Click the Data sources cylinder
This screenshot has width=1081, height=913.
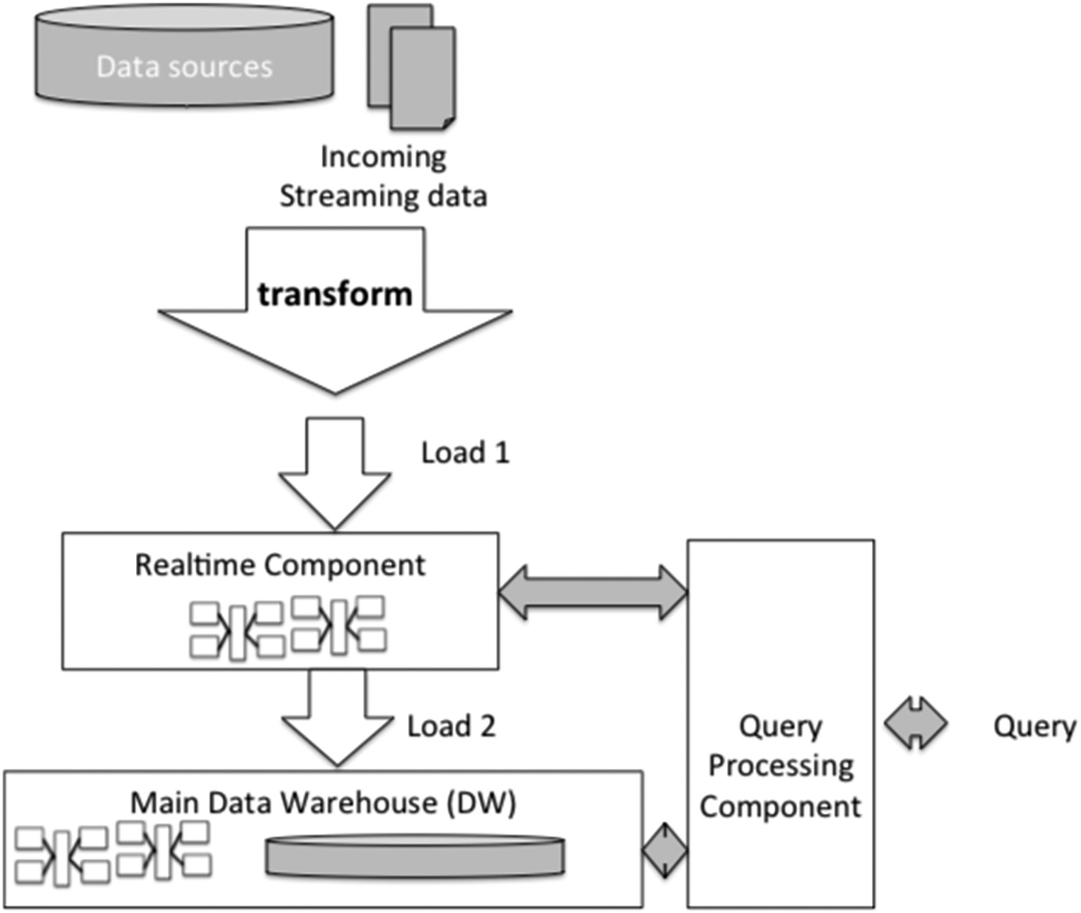pos(184,58)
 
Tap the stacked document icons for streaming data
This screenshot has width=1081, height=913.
pos(413,68)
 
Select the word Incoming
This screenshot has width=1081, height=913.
pos(383,156)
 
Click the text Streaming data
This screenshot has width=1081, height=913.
pos(383,196)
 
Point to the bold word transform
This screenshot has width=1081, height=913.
pos(335,294)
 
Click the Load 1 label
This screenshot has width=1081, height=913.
pos(465,453)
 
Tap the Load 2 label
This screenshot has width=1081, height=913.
pos(451,726)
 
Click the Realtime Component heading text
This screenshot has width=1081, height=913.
pos(279,565)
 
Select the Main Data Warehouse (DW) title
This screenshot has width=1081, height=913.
pos(323,803)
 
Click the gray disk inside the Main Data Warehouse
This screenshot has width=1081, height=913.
pos(415,856)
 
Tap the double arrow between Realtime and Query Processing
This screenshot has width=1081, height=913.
pos(593,593)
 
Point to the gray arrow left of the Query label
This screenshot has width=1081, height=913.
pos(916,723)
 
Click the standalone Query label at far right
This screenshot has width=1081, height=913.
pos(1034,726)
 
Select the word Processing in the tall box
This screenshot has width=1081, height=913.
pos(781,766)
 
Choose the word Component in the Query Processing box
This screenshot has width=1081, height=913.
pos(780,807)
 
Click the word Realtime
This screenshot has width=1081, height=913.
pos(196,565)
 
